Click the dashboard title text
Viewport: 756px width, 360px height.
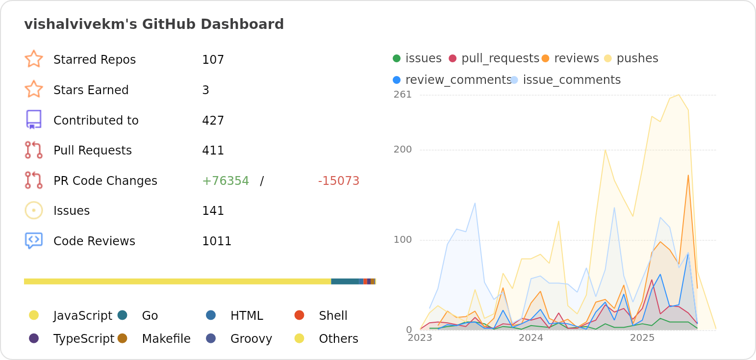(154, 24)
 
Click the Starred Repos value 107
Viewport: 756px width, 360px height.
(213, 60)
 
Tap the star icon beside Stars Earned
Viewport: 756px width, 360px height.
(33, 90)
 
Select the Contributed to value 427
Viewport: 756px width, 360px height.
(213, 121)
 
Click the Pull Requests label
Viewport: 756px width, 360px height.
(92, 151)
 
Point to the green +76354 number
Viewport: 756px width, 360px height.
(226, 181)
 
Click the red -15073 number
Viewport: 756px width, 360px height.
(338, 181)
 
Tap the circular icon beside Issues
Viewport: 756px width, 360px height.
(33, 210)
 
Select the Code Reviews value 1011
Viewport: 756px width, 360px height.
(216, 241)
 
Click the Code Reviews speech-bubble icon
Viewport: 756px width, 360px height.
(33, 240)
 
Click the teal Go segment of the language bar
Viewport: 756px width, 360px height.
(345, 282)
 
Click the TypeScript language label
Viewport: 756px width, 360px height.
(83, 339)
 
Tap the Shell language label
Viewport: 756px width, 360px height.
(333, 316)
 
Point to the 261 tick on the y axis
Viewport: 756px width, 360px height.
(403, 95)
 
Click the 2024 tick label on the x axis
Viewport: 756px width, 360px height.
(531, 338)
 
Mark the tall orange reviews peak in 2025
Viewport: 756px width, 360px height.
(688, 176)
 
